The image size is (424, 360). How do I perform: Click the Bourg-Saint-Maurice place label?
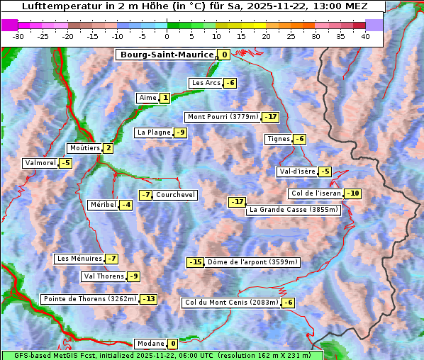click(166, 55)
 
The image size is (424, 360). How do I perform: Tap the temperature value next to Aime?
click(164, 98)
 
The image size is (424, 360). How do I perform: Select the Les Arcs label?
click(206, 83)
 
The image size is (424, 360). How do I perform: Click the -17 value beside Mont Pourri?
click(270, 117)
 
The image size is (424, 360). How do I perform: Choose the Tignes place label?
click(278, 139)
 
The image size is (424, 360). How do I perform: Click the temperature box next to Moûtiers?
click(108, 148)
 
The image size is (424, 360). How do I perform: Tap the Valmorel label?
click(40, 163)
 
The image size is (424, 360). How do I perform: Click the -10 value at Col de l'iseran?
click(352, 193)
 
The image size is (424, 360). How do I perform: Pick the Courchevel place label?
click(175, 195)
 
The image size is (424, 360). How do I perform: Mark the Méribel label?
click(103, 205)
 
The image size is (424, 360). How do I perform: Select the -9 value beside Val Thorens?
click(133, 276)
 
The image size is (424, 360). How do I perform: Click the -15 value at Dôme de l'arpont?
click(195, 262)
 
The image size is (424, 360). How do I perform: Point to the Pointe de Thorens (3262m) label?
click(89, 299)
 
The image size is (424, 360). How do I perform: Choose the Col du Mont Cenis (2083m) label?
click(230, 303)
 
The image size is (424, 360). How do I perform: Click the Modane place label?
click(150, 344)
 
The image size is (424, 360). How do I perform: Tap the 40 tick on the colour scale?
click(365, 36)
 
